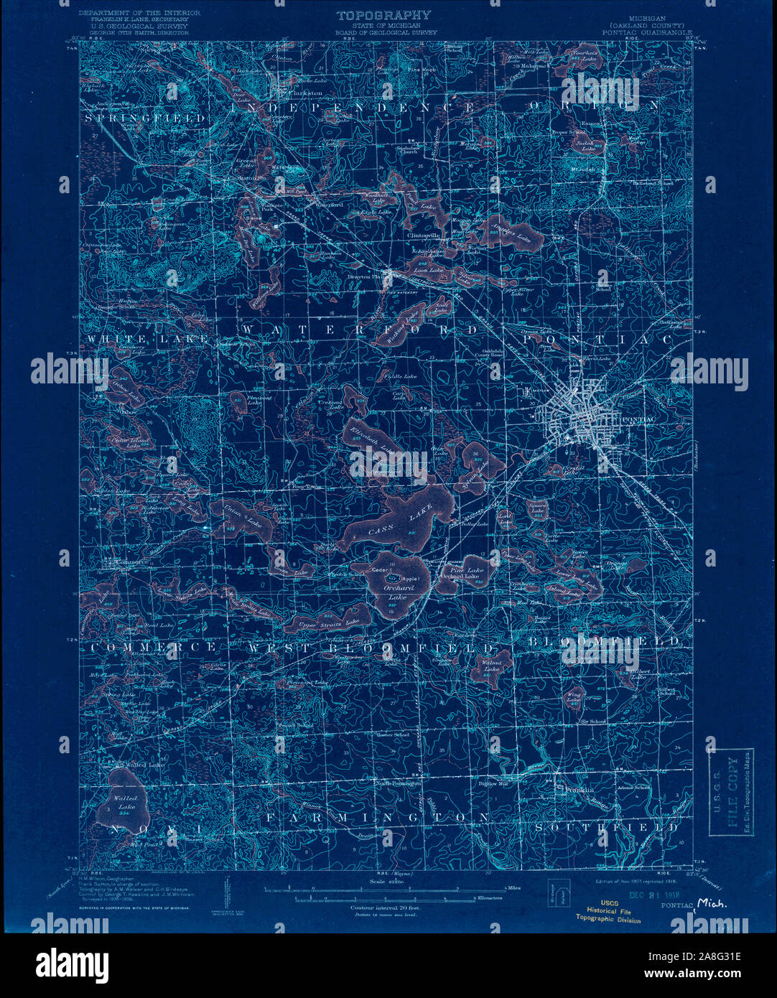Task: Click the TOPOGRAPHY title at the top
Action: (x=383, y=15)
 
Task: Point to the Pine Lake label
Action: (x=473, y=570)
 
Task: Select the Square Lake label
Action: (x=538, y=505)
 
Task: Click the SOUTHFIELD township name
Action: (x=607, y=827)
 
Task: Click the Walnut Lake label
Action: (x=491, y=666)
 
